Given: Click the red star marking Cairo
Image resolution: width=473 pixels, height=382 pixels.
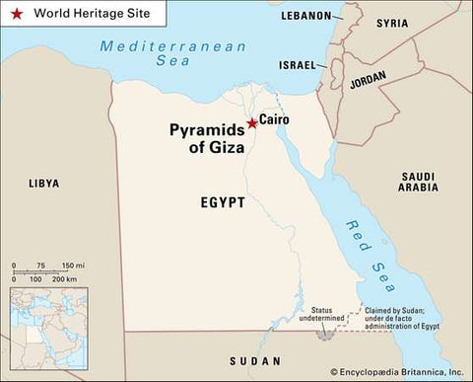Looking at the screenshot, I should click(251, 123).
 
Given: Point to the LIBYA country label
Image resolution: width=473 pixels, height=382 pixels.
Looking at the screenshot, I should click(43, 184).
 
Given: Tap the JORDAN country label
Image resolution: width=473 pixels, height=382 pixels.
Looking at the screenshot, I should click(368, 84).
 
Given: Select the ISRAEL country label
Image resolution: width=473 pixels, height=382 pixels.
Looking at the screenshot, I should click(296, 65).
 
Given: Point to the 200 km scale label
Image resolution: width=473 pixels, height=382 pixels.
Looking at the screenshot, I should click(64, 281).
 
